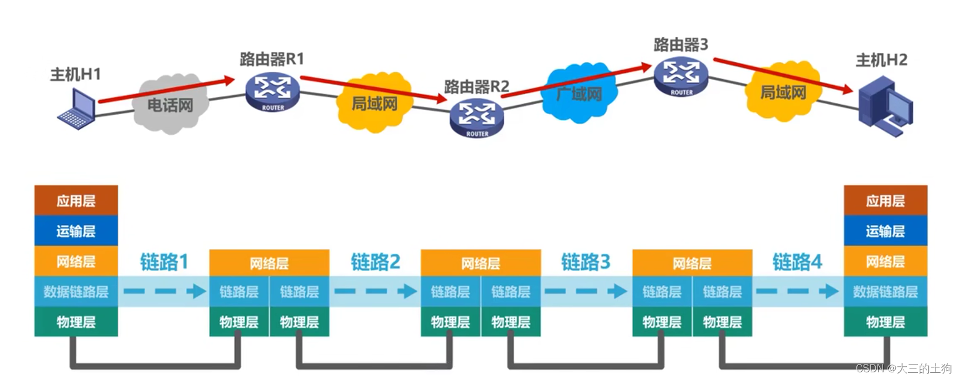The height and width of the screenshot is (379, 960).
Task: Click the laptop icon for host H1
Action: [77, 109]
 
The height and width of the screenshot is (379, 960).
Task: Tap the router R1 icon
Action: [272, 92]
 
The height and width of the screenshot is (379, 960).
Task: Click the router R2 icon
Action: [477, 117]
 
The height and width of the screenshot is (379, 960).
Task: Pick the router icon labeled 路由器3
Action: [681, 77]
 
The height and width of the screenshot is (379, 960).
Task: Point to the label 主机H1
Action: [75, 74]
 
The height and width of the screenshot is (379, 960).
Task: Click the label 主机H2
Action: [881, 60]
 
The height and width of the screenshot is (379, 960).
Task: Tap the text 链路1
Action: [164, 262]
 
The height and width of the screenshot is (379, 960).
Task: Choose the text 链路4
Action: [797, 262]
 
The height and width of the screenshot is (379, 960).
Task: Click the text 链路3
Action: [586, 262]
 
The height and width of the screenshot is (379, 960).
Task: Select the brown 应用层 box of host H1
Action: [76, 200]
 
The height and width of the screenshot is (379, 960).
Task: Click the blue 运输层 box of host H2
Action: [885, 231]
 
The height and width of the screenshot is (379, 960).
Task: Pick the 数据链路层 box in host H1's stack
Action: [76, 292]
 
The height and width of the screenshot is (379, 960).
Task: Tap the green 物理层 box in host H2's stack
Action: [885, 322]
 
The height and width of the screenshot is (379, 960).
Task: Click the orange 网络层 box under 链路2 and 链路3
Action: [480, 263]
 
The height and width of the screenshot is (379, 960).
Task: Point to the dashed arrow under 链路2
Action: [375, 291]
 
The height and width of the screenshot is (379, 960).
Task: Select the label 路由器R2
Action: [476, 87]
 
